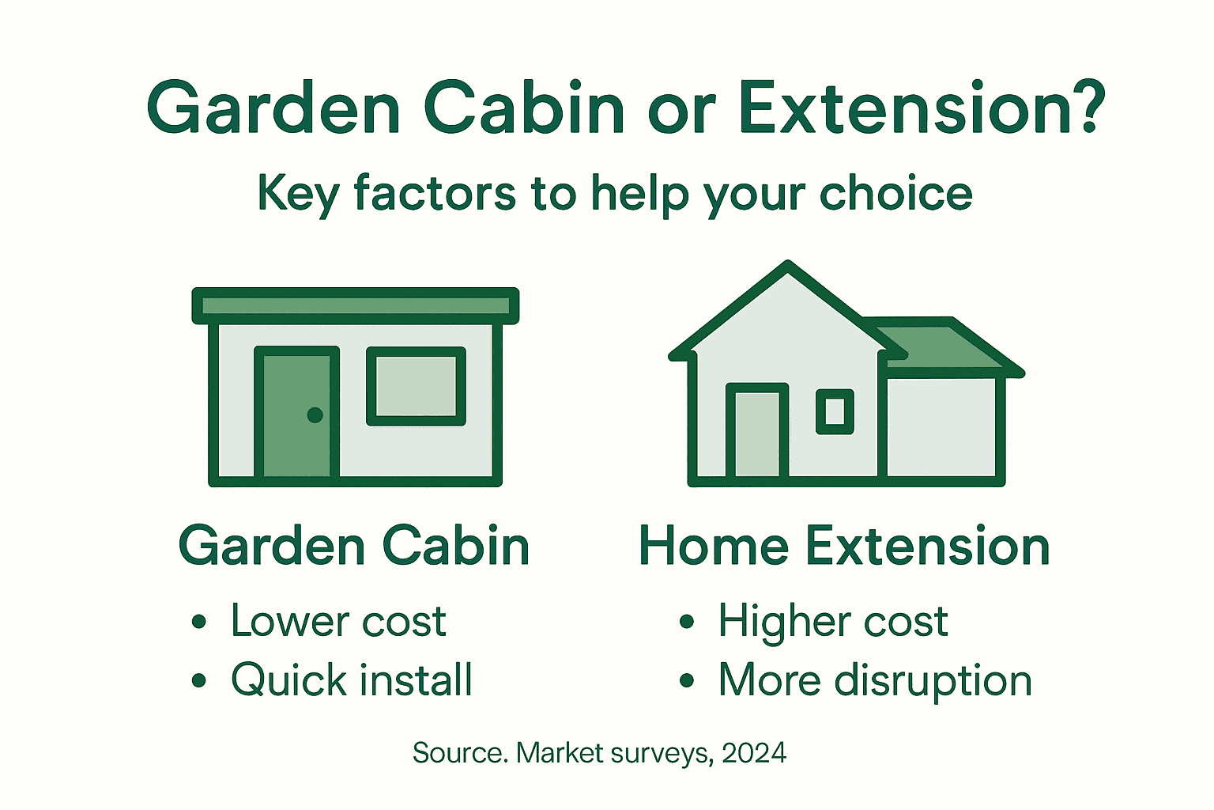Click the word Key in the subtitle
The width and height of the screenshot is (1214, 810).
point(298,194)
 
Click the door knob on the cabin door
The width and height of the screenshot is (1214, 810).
point(315,414)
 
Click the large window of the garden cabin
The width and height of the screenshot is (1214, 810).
point(416,386)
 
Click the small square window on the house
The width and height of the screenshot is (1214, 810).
point(835,411)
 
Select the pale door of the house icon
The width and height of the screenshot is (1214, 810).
point(757,433)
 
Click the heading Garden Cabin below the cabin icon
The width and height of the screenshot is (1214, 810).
point(354,546)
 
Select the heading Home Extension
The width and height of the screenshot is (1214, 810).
point(843,546)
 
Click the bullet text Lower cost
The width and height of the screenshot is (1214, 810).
point(338,621)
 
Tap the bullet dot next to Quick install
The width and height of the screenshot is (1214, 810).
point(199,680)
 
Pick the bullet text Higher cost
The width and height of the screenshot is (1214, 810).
point(832,621)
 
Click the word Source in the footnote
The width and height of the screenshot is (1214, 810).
point(459,752)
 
